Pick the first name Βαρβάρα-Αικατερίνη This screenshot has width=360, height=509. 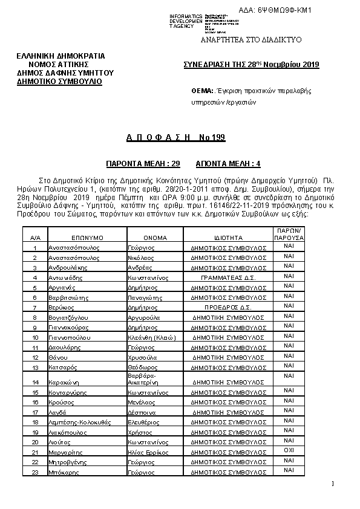point(143,379)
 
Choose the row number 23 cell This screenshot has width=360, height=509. point(35,472)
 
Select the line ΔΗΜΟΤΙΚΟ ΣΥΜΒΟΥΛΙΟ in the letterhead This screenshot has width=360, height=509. point(59,80)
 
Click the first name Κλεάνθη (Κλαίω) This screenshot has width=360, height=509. point(151,337)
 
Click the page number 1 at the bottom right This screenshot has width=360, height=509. point(333,483)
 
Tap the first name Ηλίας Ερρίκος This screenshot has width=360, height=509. point(146,452)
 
